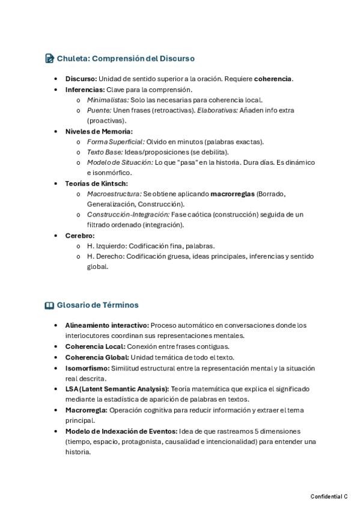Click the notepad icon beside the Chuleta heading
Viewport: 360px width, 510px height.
click(49, 58)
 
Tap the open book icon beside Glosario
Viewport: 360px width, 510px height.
click(49, 305)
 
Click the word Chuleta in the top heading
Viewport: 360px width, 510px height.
click(73, 58)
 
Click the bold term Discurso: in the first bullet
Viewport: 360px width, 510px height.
click(81, 79)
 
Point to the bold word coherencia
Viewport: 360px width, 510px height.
click(273, 79)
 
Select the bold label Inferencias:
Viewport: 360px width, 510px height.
click(84, 90)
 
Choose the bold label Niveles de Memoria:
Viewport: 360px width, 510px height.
click(99, 131)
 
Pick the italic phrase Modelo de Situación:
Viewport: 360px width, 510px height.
click(120, 162)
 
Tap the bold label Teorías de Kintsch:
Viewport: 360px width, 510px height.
click(96, 183)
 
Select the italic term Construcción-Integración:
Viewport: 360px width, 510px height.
click(128, 215)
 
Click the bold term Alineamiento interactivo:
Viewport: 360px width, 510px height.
click(107, 325)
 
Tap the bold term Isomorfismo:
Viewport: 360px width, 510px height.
click(87, 367)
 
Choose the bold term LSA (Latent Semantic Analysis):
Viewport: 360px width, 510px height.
click(117, 389)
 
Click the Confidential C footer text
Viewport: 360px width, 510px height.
click(329, 496)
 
